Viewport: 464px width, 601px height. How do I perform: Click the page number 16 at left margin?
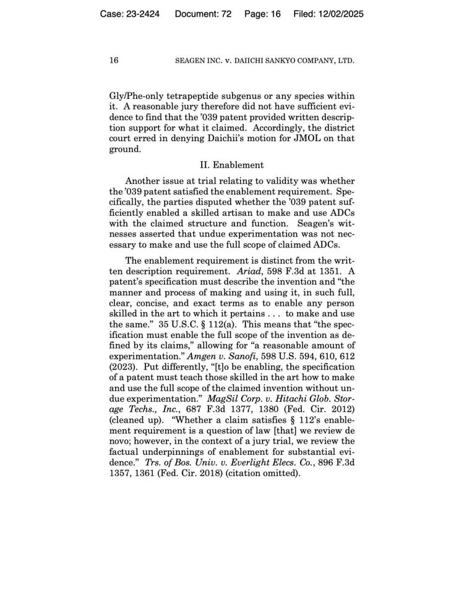114,61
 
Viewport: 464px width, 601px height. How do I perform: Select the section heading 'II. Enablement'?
231,165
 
